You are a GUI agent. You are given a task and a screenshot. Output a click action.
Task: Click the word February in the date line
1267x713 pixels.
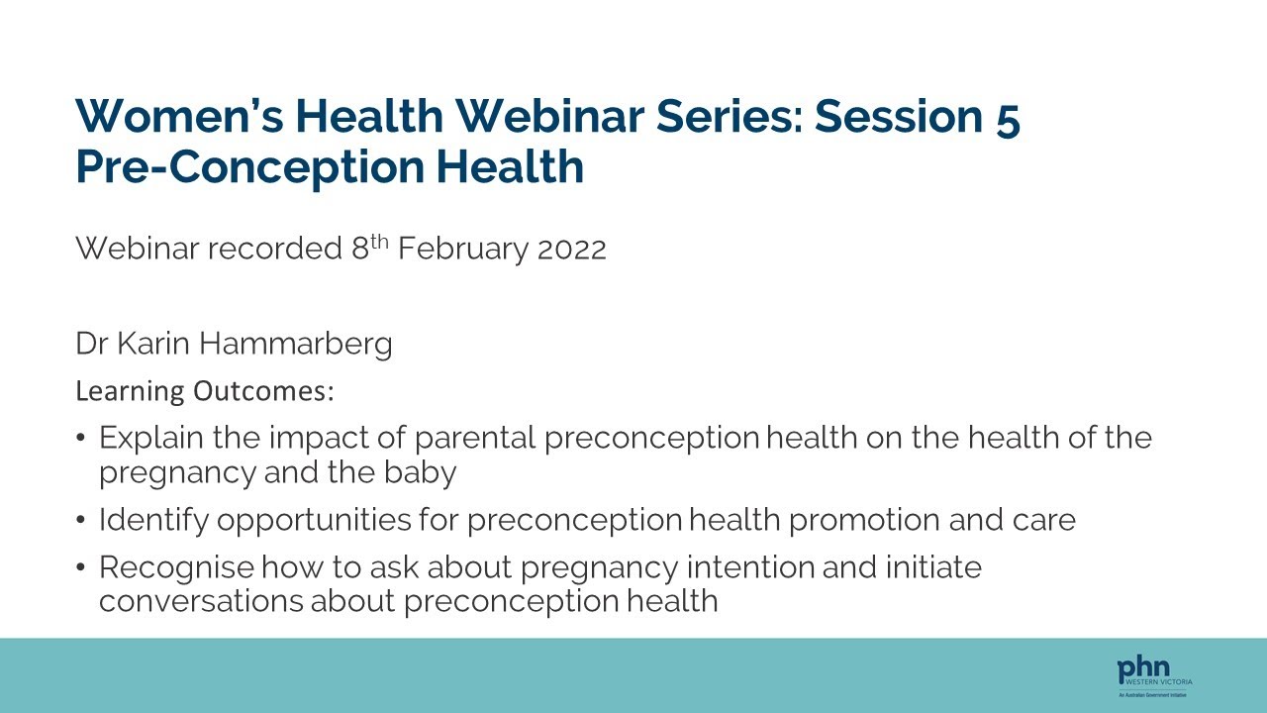coord(463,249)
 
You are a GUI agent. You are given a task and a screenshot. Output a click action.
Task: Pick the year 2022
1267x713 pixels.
coord(571,249)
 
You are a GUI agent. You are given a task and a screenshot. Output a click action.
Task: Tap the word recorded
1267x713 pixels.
coord(274,249)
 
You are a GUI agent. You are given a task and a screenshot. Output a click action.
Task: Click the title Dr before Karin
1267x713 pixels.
coord(90,344)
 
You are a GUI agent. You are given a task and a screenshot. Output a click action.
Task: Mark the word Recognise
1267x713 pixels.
coord(178,567)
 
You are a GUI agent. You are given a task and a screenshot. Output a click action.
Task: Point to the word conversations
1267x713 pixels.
coord(201,601)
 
